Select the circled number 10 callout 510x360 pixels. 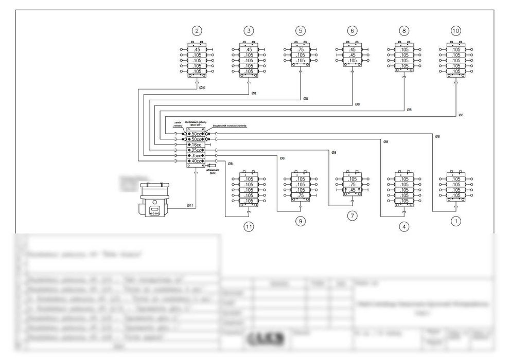tap(455, 31)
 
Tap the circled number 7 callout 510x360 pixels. tap(352, 216)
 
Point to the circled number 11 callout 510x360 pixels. tap(249, 226)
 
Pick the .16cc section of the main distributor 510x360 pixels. tap(196, 145)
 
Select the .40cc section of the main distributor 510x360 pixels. tap(196, 161)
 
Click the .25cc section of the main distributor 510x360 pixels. tap(196, 150)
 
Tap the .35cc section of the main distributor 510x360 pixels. tap(196, 155)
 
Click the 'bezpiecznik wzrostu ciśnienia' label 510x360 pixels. tap(230, 125)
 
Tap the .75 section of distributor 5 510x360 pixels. tap(301, 49)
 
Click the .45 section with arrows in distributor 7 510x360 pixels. tap(352, 190)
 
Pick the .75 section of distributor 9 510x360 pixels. tap(301, 195)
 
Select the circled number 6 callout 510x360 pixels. tap(352, 31)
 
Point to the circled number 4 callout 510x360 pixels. tap(404, 226)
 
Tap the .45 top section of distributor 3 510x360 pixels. tap(249, 49)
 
